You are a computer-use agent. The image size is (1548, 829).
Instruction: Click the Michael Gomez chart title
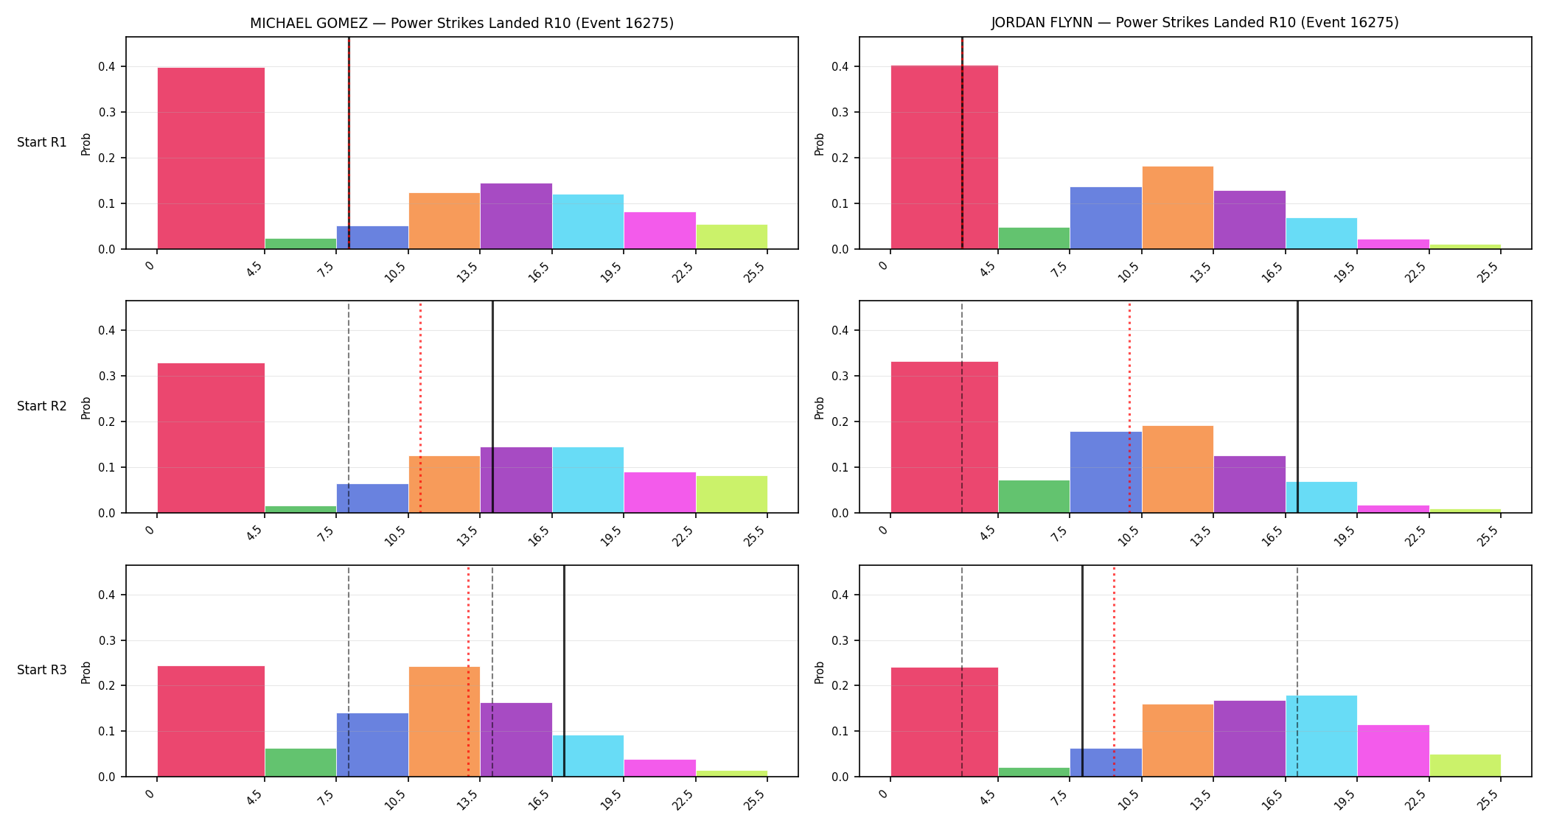tap(461, 23)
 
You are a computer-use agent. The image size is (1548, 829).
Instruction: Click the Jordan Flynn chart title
tap(1195, 23)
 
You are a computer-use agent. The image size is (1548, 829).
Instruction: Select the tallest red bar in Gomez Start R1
tap(211, 158)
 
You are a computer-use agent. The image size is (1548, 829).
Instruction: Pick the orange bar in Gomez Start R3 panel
tap(444, 721)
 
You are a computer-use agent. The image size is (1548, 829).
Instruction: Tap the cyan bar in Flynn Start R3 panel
tap(1322, 736)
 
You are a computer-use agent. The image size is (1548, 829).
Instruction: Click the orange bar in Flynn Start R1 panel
tap(1178, 208)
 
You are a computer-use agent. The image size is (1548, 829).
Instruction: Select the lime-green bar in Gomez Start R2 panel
tap(732, 494)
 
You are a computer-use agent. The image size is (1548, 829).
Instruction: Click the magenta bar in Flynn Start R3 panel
tap(1393, 751)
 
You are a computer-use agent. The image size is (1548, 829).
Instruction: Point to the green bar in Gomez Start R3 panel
tap(301, 763)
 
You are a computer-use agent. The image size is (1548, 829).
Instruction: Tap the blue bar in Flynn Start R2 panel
tap(1106, 472)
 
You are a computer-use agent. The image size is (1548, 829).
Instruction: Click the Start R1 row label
tap(42, 142)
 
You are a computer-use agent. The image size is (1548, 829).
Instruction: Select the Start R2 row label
tap(42, 406)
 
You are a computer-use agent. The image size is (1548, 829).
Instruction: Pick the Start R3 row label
tap(42, 670)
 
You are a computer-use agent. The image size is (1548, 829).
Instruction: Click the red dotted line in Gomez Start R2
tap(420, 407)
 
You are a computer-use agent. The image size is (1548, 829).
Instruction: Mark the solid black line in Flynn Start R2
tap(1297, 407)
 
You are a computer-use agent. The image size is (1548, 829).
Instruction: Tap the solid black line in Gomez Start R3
tap(564, 671)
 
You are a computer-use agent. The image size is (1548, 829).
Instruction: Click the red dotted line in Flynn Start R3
tap(1114, 671)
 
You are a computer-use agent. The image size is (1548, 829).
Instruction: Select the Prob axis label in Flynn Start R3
tap(819, 672)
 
